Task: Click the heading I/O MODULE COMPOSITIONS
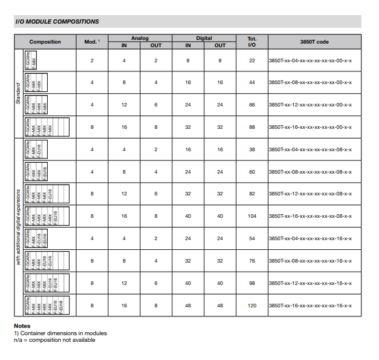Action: [x=57, y=22]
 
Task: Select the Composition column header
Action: [x=45, y=42]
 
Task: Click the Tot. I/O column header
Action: [x=252, y=42]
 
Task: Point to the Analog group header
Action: [x=140, y=38]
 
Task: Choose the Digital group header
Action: [x=204, y=38]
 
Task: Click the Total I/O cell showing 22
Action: [x=252, y=61]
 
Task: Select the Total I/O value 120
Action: [x=252, y=306]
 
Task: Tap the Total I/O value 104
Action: [x=252, y=216]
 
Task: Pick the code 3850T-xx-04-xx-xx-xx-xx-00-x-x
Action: [x=310, y=61]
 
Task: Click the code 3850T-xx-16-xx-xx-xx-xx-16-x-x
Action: [x=310, y=306]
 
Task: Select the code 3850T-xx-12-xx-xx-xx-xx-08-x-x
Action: [x=310, y=194]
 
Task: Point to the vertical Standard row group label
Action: [x=19, y=94]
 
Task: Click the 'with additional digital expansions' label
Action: [x=19, y=227]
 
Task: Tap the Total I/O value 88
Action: [x=252, y=127]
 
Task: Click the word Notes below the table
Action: [x=22, y=326]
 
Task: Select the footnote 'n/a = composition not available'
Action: [x=54, y=339]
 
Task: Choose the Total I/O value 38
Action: [x=252, y=149]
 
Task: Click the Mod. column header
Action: [x=92, y=42]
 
